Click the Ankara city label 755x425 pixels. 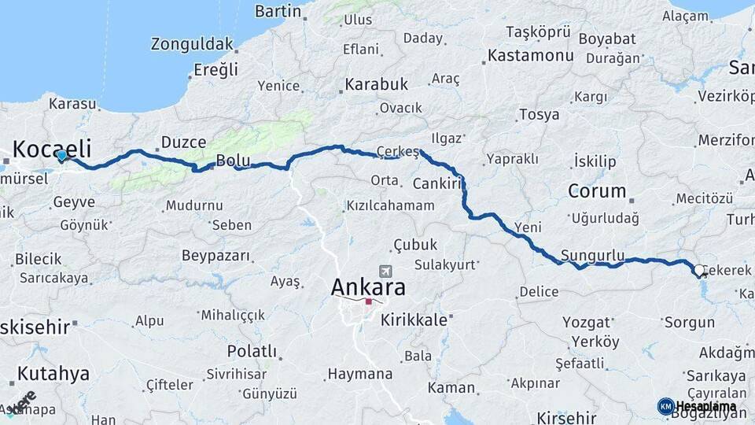pos(368,286)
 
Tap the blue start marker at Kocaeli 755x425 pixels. pos(62,156)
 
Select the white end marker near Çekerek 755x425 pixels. pos(699,271)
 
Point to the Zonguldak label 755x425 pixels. pos(192,43)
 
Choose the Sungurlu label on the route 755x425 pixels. pos(593,256)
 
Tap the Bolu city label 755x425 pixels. pos(233,161)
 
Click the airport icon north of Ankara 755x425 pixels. pos(385,270)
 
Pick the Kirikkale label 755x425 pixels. pos(414,320)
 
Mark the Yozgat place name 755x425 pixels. pos(586,322)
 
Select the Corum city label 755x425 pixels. pos(597,190)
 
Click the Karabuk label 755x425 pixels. pos(377,83)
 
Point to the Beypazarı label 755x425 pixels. pos(215,256)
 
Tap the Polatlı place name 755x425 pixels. pos(252,351)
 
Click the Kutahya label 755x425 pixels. pos(53,373)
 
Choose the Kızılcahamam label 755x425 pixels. pos(389,205)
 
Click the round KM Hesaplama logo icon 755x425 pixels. pos(665,406)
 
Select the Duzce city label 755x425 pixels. pos(183,142)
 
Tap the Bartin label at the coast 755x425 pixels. pos(278,11)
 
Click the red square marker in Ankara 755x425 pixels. pos(368,301)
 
